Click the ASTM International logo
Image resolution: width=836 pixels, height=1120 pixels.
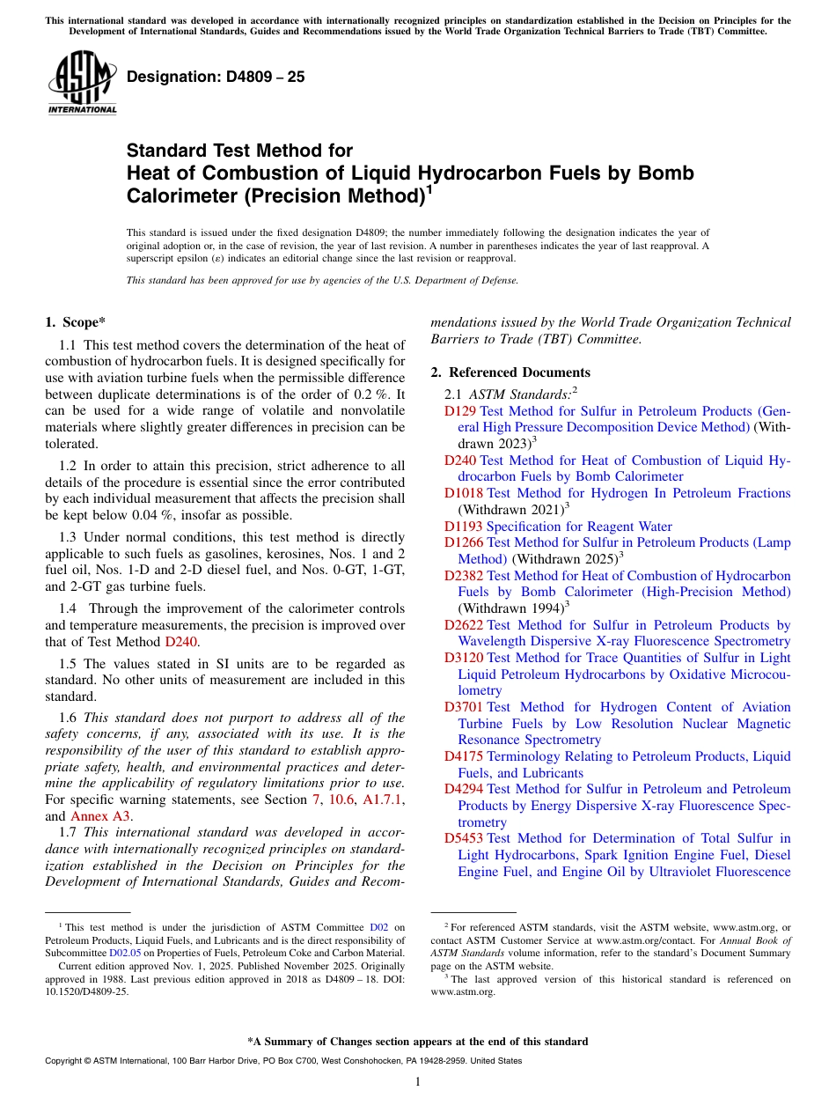82,83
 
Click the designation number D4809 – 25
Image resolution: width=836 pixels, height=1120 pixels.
216,77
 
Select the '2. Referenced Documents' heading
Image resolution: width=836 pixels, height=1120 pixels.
517,372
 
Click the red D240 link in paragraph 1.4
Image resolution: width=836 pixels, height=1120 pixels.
180,641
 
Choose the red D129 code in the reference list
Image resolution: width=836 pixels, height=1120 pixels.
460,411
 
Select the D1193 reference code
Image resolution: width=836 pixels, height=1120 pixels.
463,527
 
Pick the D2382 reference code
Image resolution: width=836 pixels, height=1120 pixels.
463,576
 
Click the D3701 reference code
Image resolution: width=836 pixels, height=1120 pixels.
463,707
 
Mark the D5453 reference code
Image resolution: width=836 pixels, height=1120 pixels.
463,838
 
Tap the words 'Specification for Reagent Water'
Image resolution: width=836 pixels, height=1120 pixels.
579,527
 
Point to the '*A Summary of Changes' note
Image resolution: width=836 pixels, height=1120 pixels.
417,1042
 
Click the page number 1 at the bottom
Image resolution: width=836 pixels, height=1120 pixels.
418,1082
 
